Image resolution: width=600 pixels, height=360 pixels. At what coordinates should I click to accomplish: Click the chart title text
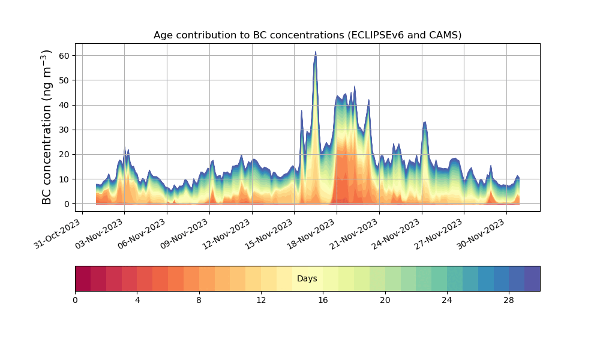[x=307, y=35]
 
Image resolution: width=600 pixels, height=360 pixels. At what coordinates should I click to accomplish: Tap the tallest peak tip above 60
[x=316, y=52]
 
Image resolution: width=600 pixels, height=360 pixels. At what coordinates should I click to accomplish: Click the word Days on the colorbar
[x=307, y=279]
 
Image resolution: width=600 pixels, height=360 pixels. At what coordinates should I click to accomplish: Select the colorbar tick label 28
[x=509, y=300]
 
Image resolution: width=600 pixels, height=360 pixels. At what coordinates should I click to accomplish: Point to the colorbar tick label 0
[x=75, y=300]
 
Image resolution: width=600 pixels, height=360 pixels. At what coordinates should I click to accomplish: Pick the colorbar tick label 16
[x=323, y=300]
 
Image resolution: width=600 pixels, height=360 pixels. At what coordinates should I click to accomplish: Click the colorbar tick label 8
[x=199, y=300]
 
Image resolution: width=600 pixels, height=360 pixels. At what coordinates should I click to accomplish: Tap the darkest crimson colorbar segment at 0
[x=83, y=279]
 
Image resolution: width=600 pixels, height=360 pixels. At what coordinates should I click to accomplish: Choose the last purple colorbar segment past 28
[x=532, y=279]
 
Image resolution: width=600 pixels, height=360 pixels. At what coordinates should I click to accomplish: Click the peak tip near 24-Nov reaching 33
[x=425, y=122]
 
